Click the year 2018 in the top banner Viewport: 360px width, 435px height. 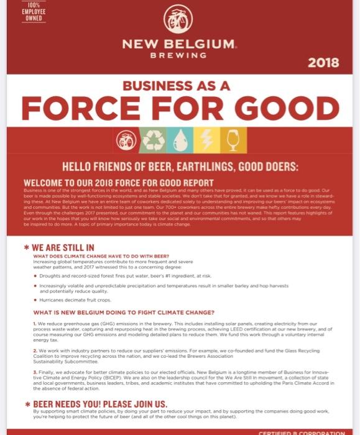(323, 62)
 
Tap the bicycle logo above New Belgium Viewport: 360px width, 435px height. (178, 20)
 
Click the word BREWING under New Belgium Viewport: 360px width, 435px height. (179, 55)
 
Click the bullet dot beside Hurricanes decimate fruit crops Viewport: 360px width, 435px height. (35, 299)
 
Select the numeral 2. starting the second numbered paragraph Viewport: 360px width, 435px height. (35, 350)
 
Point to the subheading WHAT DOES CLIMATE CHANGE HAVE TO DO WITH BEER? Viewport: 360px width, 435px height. (101, 256)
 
